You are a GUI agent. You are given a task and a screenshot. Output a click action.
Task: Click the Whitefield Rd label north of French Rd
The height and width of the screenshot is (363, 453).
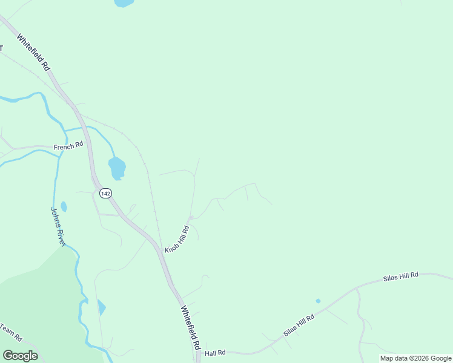tap(33, 53)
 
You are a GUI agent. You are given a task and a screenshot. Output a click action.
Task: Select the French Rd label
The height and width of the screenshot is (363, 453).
tap(68, 146)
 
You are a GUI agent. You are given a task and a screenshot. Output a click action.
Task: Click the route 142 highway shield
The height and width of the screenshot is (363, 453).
tap(105, 193)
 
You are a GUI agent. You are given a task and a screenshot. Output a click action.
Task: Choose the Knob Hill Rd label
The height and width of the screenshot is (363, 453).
tap(177, 239)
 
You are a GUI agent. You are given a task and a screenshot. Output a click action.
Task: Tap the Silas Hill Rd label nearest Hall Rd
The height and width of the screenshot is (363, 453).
tap(299, 325)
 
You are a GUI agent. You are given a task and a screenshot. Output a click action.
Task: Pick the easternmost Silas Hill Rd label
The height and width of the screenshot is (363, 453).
tap(400, 276)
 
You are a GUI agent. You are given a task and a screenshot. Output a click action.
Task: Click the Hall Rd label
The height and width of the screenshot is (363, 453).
tap(215, 353)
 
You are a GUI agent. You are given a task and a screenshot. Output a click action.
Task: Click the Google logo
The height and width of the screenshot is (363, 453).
tap(20, 356)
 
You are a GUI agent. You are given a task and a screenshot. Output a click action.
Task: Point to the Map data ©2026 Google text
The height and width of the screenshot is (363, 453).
tap(416, 358)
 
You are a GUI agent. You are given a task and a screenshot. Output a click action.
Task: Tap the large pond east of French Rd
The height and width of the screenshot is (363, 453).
tap(117, 166)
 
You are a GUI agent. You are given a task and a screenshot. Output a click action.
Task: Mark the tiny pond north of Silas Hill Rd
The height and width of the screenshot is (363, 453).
tap(318, 301)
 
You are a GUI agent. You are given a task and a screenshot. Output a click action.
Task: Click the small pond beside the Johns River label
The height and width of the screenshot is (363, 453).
tap(64, 207)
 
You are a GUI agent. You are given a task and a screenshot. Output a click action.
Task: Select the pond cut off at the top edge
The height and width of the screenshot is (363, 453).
tap(124, 2)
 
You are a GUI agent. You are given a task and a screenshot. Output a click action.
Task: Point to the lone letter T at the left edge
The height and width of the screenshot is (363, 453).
tap(2, 48)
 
